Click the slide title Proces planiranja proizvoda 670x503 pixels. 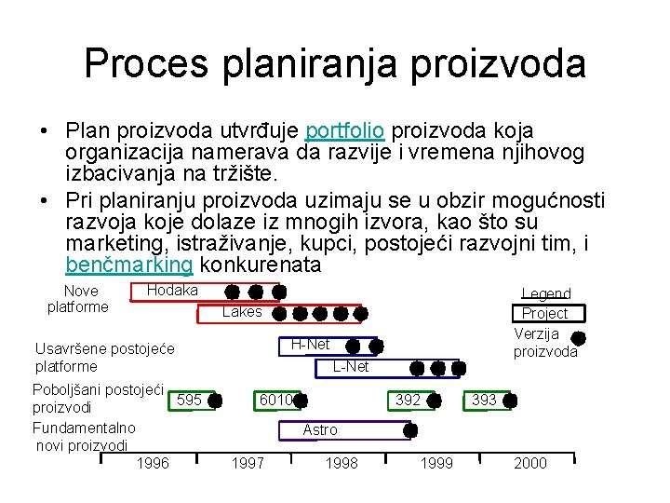(335, 63)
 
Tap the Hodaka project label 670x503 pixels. (172, 291)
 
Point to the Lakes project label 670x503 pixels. (242, 312)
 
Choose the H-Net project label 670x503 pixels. (310, 344)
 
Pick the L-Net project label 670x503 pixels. (351, 367)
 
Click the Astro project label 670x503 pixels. (320, 429)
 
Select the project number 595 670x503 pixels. (189, 401)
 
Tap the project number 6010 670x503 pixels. (275, 401)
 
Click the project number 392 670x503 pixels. (409, 401)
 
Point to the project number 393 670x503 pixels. (484, 401)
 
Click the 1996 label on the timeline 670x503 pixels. (153, 464)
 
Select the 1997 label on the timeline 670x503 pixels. (248, 464)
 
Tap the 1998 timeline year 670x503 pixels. (342, 464)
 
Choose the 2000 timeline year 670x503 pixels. (530, 464)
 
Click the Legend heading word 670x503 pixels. (546, 293)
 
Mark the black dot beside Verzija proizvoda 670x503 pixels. (577, 338)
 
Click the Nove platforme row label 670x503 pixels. (78, 298)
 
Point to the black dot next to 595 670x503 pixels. (215, 401)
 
